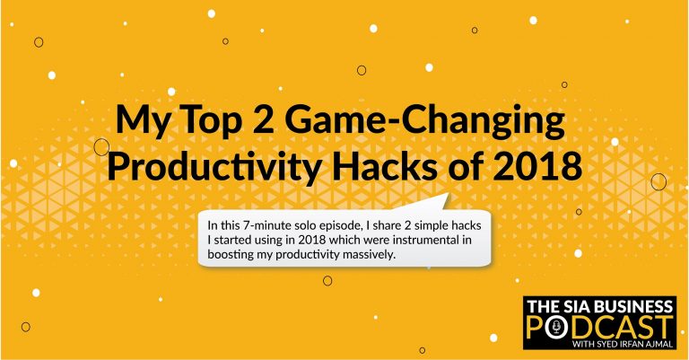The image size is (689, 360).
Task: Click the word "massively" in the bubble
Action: pyautogui.click(x=371, y=255)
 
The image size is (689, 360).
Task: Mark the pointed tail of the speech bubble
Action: pyautogui.click(x=448, y=194)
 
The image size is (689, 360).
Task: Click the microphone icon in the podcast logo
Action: pyautogui.click(x=557, y=327)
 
